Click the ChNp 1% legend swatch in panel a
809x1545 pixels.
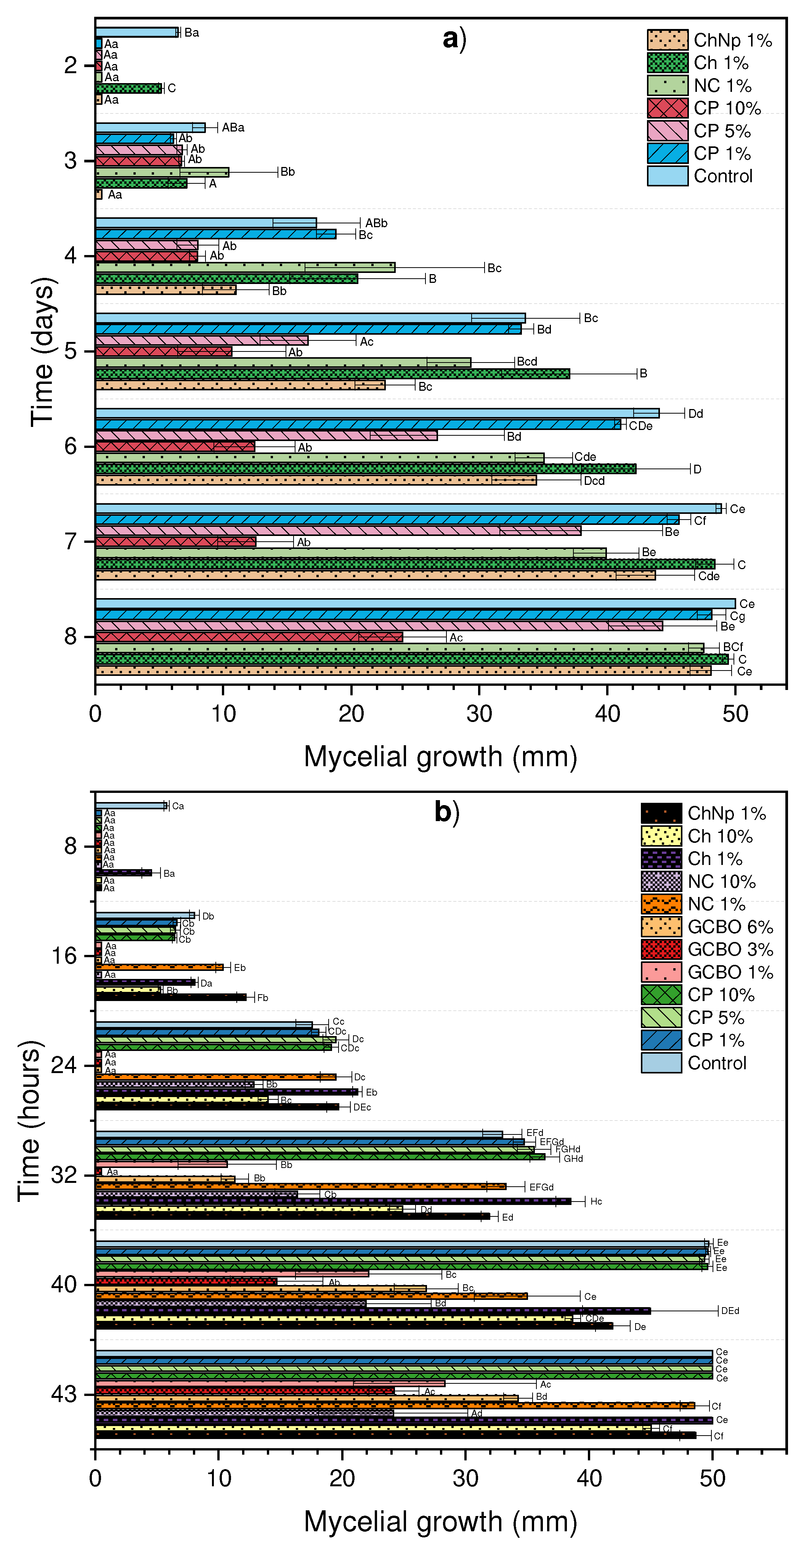pyautogui.click(x=667, y=40)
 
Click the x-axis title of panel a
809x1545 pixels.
pyautogui.click(x=440, y=756)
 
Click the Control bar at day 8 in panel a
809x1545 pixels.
pyautogui.click(x=414, y=603)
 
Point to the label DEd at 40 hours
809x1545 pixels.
pyautogui.click(x=729, y=1311)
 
